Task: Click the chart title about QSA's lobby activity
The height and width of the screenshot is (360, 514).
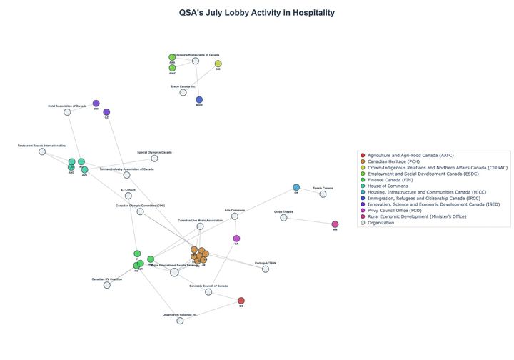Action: pos(257,13)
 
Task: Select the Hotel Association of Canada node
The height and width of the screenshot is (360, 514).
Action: pos(67,112)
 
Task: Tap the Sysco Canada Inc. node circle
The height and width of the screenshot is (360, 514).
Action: pos(183,92)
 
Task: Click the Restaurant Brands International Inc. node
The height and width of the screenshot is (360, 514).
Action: pos(42,151)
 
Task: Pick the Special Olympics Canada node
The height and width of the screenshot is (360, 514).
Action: pos(154,158)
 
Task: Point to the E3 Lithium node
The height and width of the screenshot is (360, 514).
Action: pos(128,196)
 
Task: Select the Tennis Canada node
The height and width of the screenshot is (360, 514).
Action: pos(323,194)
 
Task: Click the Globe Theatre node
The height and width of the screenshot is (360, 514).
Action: pos(283,217)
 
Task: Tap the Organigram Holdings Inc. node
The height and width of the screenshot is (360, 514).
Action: pos(180,321)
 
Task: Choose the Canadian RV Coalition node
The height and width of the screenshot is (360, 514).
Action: pos(107,285)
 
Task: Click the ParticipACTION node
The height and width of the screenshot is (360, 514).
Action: pos(266,269)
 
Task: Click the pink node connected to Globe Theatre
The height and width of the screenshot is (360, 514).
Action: pos(335,224)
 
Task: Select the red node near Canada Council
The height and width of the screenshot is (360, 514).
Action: pos(241,301)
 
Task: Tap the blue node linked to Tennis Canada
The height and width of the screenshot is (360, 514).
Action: pos(296,187)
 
